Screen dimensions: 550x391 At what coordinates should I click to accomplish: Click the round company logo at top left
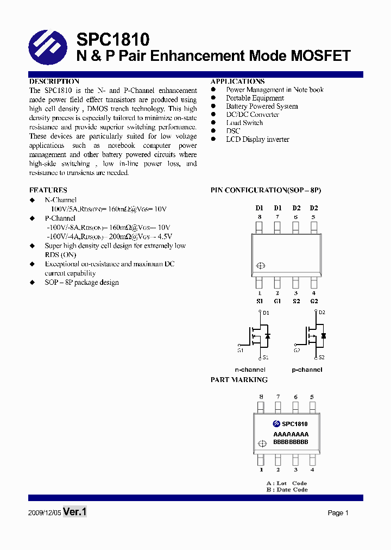coord(48,48)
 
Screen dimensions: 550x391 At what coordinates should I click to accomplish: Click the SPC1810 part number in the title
coord(113,39)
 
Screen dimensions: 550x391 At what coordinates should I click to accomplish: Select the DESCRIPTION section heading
coord(54,81)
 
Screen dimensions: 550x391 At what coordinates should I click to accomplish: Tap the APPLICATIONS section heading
coord(237,81)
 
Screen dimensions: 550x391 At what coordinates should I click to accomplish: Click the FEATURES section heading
coord(48,190)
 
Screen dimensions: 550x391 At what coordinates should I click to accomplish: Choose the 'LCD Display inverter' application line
coord(257,140)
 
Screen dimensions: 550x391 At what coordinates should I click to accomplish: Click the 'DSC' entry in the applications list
coord(233,131)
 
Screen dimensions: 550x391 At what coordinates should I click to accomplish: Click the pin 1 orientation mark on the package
coord(260,266)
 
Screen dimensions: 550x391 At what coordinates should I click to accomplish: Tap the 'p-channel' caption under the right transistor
coord(307,370)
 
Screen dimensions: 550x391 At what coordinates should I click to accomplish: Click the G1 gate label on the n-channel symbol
coord(240,351)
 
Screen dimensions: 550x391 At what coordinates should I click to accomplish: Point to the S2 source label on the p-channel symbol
coord(321,357)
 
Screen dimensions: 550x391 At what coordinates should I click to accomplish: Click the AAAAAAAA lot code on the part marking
coord(291,434)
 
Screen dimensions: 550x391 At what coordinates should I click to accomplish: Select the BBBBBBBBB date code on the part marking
coord(291,442)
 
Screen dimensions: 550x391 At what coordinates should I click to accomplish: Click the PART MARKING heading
coord(239,380)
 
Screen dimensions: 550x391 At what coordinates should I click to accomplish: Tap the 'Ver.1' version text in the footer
coord(75,512)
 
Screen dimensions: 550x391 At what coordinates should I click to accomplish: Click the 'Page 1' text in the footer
coord(338,513)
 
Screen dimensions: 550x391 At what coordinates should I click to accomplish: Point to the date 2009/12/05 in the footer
coord(44,513)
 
